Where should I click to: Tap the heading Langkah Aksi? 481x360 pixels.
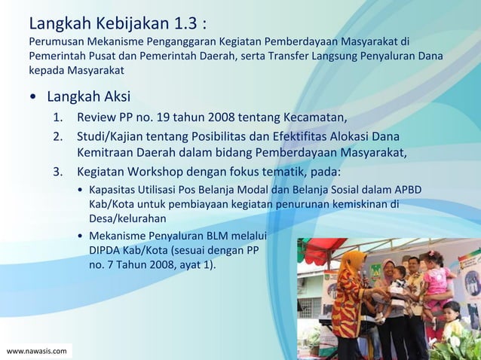click(x=88, y=97)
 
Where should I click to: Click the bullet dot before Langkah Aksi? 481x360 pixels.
click(x=34, y=98)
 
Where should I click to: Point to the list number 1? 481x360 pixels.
click(x=57, y=118)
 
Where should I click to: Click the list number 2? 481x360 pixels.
click(x=57, y=137)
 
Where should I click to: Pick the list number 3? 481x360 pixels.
click(x=57, y=171)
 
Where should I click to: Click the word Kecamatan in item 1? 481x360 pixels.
click(x=314, y=118)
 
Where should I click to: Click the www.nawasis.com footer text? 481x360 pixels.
click(x=36, y=351)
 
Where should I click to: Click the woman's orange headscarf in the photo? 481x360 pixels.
click(x=351, y=263)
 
